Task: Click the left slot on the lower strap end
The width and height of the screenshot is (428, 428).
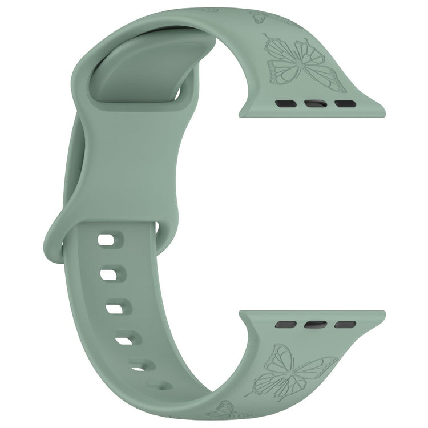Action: coord(285,324)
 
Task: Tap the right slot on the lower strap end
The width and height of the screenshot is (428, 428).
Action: coord(345,324)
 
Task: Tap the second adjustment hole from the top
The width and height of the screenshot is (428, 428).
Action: coord(109,275)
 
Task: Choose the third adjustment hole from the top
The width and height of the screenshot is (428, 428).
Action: coord(114,308)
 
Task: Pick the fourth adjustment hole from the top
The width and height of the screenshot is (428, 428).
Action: coord(124,341)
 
